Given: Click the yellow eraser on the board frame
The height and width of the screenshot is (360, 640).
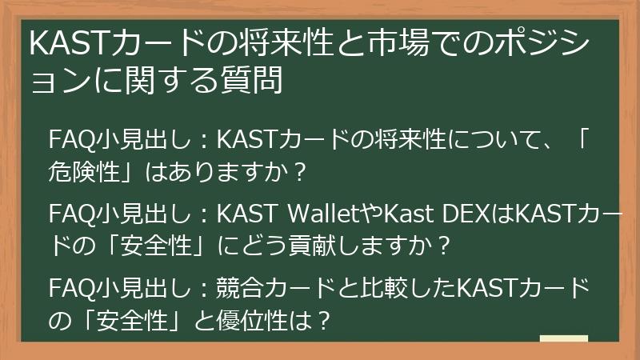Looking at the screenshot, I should click(563, 342).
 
